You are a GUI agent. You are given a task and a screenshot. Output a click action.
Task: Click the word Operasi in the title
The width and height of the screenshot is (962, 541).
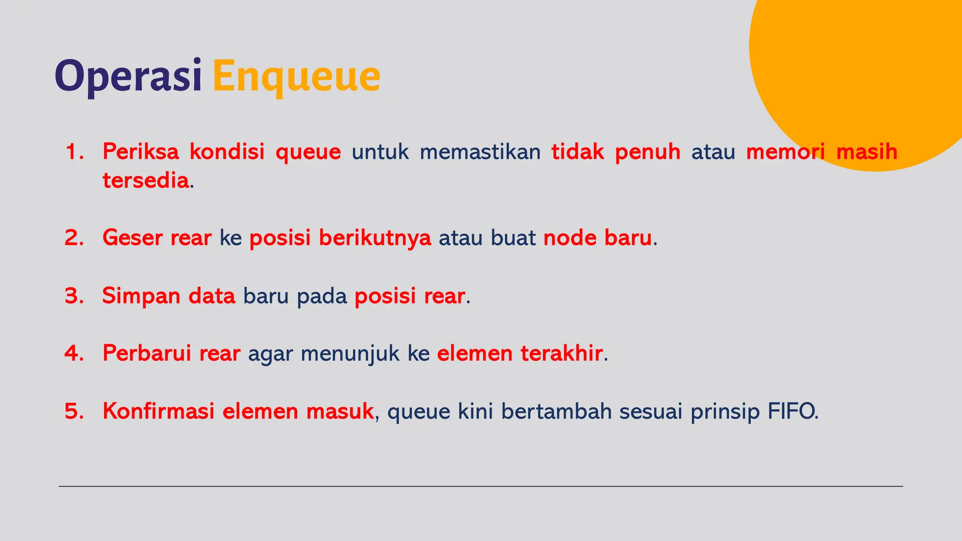point(128,76)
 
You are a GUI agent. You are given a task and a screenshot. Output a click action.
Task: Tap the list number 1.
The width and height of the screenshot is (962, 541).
point(74,152)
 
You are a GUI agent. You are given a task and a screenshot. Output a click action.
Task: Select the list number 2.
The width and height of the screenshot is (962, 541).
point(74,238)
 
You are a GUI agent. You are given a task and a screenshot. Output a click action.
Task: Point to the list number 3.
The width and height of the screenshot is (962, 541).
point(74,296)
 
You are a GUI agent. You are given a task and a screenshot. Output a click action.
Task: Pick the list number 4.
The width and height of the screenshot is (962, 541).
point(74,353)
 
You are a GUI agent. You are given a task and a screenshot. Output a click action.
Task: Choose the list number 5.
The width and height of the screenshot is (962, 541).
point(74,411)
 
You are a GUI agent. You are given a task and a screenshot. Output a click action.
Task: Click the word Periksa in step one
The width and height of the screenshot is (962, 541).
point(140,152)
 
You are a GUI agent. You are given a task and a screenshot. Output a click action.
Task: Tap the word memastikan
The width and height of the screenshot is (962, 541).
point(480,152)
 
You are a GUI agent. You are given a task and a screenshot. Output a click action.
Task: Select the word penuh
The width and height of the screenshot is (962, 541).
point(648,152)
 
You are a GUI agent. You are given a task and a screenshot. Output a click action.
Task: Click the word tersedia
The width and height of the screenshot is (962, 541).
point(146,180)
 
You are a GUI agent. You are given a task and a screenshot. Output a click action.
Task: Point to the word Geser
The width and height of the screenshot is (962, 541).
point(132,238)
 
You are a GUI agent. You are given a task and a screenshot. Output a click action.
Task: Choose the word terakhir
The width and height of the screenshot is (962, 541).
point(561,353)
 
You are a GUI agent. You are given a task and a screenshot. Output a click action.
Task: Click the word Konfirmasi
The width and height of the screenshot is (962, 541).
point(158,411)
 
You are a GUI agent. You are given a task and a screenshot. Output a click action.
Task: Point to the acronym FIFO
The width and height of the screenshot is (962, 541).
point(792,411)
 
